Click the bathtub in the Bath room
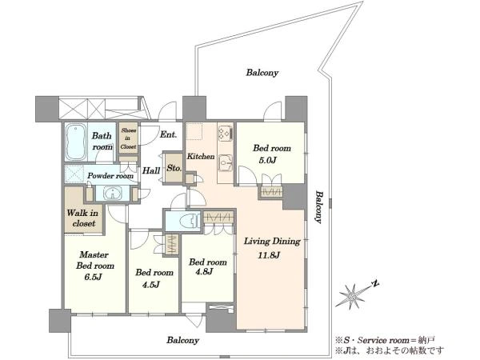(x=76, y=142)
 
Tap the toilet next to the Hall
(x=187, y=221)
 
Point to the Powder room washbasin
(x=113, y=194)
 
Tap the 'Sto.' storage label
(x=174, y=168)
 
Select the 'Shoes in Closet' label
(x=128, y=138)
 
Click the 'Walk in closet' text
(x=82, y=218)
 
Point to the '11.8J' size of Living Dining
(x=269, y=255)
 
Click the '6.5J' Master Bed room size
(x=93, y=277)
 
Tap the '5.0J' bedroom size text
(x=268, y=160)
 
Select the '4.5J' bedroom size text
(x=150, y=285)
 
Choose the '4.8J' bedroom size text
(x=204, y=271)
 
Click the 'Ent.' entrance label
(x=168, y=134)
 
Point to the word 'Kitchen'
(x=201, y=156)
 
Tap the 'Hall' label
(x=151, y=170)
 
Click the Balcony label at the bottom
(x=182, y=340)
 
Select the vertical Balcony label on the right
(x=319, y=207)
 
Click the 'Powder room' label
(x=110, y=176)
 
